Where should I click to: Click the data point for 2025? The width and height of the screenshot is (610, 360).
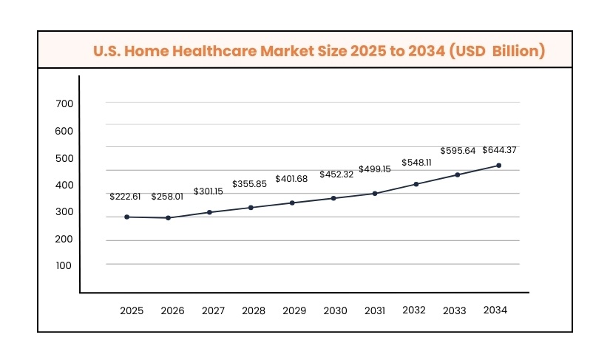coord(127,217)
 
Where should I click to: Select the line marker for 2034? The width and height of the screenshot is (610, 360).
coord(499,166)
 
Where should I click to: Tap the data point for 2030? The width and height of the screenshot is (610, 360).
coord(333,198)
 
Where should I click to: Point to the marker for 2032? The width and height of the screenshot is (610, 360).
coord(416,184)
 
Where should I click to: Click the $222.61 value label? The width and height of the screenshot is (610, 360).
coord(125,197)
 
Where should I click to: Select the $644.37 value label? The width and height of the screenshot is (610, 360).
coord(499,150)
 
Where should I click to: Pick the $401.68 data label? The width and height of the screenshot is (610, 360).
coord(292,179)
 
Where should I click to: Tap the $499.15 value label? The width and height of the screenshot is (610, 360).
coord(375,169)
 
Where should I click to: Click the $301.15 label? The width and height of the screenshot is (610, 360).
coord(209,191)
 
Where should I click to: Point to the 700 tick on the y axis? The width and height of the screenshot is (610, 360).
coord(64,104)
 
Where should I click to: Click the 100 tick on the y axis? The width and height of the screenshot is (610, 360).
coord(64,265)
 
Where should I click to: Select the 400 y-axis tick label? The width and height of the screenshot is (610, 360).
coord(64,185)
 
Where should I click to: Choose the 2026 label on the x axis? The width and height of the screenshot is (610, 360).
coord(172,311)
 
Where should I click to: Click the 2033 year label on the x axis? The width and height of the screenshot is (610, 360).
coord(454,311)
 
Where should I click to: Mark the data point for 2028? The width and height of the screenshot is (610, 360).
coord(251,208)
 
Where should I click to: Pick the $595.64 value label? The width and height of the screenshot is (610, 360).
coord(458,151)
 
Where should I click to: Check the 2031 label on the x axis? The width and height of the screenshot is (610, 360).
coord(375,311)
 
